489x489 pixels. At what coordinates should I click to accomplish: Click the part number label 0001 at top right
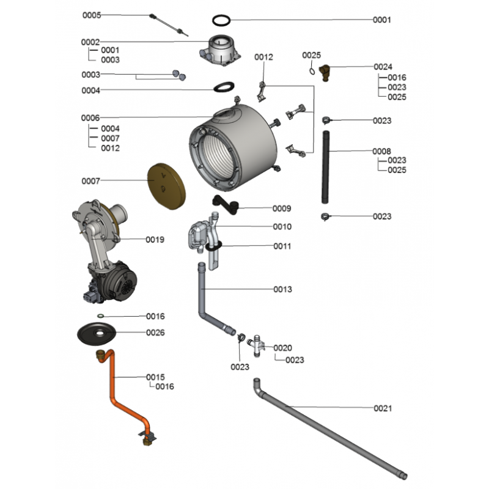tap(382, 20)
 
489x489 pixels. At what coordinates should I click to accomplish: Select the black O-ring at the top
tap(222, 20)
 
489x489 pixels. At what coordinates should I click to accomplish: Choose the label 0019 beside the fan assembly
tap(155, 240)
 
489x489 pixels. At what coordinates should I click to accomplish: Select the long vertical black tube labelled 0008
tap(326, 167)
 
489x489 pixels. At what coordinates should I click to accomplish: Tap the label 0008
tap(382, 151)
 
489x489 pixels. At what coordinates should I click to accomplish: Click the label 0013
tap(282, 289)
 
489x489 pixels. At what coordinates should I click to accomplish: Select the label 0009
tap(282, 208)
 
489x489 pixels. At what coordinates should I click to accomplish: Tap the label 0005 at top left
tap(92, 15)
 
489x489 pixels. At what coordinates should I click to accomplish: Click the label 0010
tap(282, 227)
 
